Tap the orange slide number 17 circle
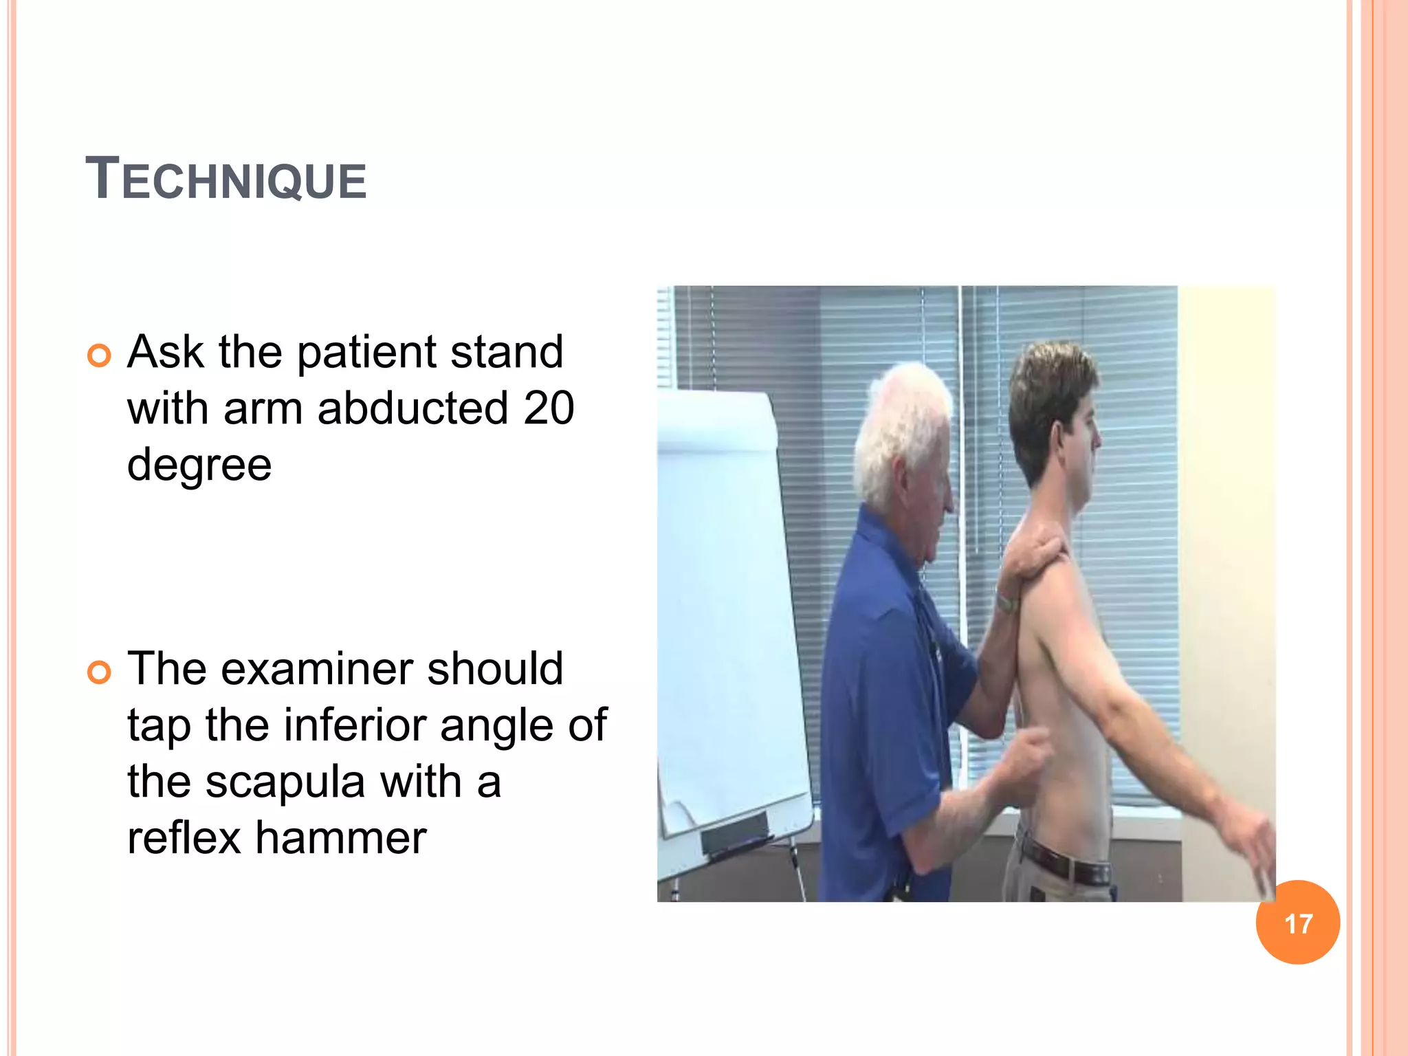pyautogui.click(x=1297, y=923)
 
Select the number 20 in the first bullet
pyautogui.click(x=549, y=408)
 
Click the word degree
pyautogui.click(x=199, y=465)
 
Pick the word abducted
pyautogui.click(x=412, y=408)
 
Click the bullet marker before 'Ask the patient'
pyautogui.click(x=99, y=355)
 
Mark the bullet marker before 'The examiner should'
pyautogui.click(x=99, y=672)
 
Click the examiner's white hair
pyautogui.click(x=901, y=426)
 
